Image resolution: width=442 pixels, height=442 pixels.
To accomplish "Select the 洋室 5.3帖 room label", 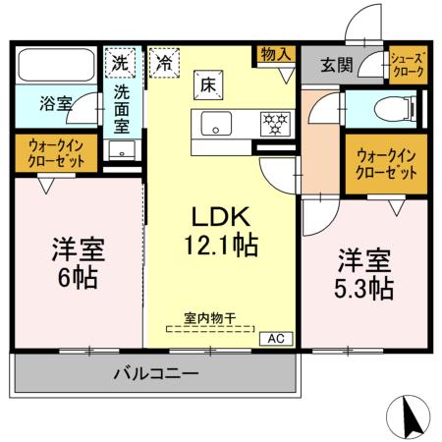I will (x=366, y=275).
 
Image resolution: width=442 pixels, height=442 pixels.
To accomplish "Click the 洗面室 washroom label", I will (x=121, y=108).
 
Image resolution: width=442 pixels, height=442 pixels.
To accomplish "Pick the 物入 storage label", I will (x=276, y=54).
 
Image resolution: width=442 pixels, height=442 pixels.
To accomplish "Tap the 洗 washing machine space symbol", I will (x=120, y=61).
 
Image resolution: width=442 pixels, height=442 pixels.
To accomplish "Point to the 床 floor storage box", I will (x=209, y=86).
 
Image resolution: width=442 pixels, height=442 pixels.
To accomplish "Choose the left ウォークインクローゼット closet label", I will (x=55, y=153).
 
